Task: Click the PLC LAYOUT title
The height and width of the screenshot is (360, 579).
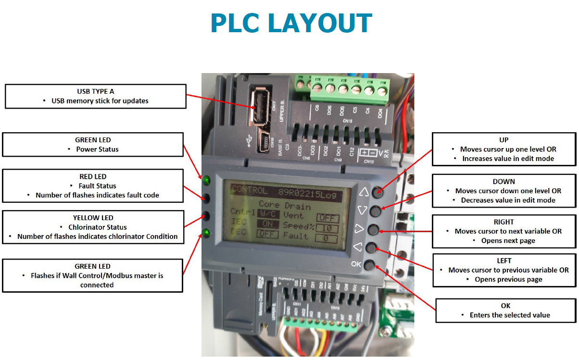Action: (291, 23)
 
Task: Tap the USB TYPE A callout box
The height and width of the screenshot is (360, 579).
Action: (95, 96)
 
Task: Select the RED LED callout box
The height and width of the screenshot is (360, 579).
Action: (93, 186)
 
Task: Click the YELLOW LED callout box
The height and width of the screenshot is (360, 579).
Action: (93, 227)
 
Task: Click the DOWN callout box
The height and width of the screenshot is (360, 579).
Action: (503, 191)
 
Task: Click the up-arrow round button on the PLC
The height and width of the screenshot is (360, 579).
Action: (377, 191)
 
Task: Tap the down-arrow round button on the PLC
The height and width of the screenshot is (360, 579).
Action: (376, 211)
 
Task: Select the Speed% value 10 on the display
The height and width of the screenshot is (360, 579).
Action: (327, 228)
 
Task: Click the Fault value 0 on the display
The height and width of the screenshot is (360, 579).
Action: (327, 237)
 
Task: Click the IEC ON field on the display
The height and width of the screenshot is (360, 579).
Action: (267, 223)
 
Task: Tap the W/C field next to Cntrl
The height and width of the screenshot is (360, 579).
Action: (267, 214)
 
